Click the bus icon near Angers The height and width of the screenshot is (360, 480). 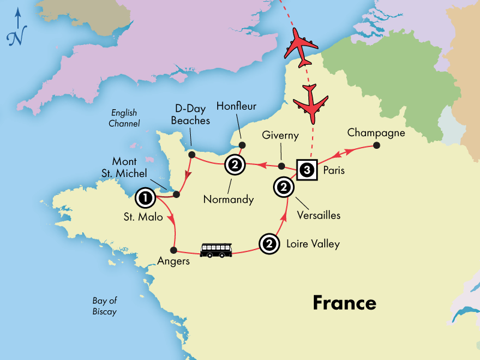pos(216,250)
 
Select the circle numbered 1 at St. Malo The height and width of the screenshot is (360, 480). pos(145,196)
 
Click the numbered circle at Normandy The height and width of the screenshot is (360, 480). pos(234,165)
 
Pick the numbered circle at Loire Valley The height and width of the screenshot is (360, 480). pos(269,244)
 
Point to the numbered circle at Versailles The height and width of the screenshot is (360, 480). pos(283,187)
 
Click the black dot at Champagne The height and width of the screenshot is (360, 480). pos(376,145)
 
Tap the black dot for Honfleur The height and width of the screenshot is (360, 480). pos(242,145)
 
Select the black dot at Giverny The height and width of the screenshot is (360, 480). pos(282,166)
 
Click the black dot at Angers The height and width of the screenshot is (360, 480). pos(174,250)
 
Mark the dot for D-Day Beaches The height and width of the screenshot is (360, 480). pos(192,155)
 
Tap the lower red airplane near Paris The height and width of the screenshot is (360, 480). pos(311,99)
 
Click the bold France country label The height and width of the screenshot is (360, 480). pos(344,302)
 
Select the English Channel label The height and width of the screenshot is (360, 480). pos(125,118)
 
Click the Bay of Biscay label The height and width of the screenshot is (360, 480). pos(104,306)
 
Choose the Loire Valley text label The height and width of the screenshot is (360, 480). pos(313,244)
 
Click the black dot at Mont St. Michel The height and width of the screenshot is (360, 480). pos(176,194)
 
